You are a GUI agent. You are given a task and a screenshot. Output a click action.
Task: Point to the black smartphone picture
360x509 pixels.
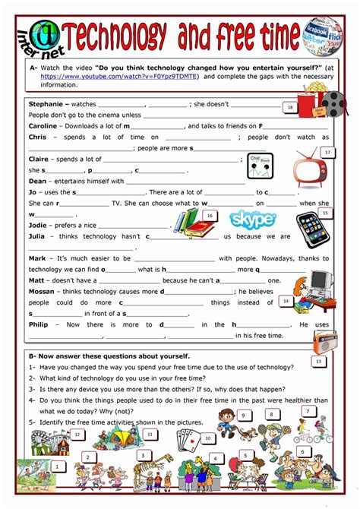313,232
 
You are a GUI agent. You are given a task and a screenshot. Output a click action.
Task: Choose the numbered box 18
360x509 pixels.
289,108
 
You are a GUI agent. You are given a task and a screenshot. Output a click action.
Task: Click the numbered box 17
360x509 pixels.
327,152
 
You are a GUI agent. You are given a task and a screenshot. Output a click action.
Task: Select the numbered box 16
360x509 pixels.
209,216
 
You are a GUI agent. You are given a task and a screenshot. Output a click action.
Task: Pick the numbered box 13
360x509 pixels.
318,361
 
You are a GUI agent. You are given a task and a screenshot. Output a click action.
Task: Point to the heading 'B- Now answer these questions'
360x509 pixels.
109,356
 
